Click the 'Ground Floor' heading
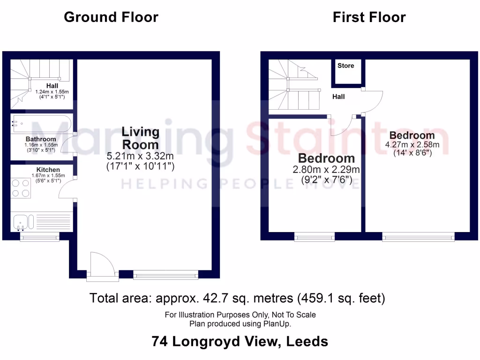pyautogui.click(x=111, y=17)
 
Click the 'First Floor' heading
pyautogui.click(x=369, y=17)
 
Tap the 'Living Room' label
pyautogui.click(x=140, y=138)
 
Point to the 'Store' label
pyautogui.click(x=346, y=66)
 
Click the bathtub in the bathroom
pyautogui.click(x=41, y=124)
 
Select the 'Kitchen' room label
pyautogui.click(x=48, y=170)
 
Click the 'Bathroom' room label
pyautogui.click(x=41, y=139)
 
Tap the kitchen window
pyautogui.click(x=40, y=238)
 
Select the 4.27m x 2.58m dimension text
pyautogui.click(x=412, y=144)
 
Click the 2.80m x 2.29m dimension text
pyautogui.click(x=326, y=170)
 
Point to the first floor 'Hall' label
pyautogui.click(x=338, y=97)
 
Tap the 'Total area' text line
pyautogui.click(x=237, y=298)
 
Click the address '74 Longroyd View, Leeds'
pyautogui.click(x=240, y=341)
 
